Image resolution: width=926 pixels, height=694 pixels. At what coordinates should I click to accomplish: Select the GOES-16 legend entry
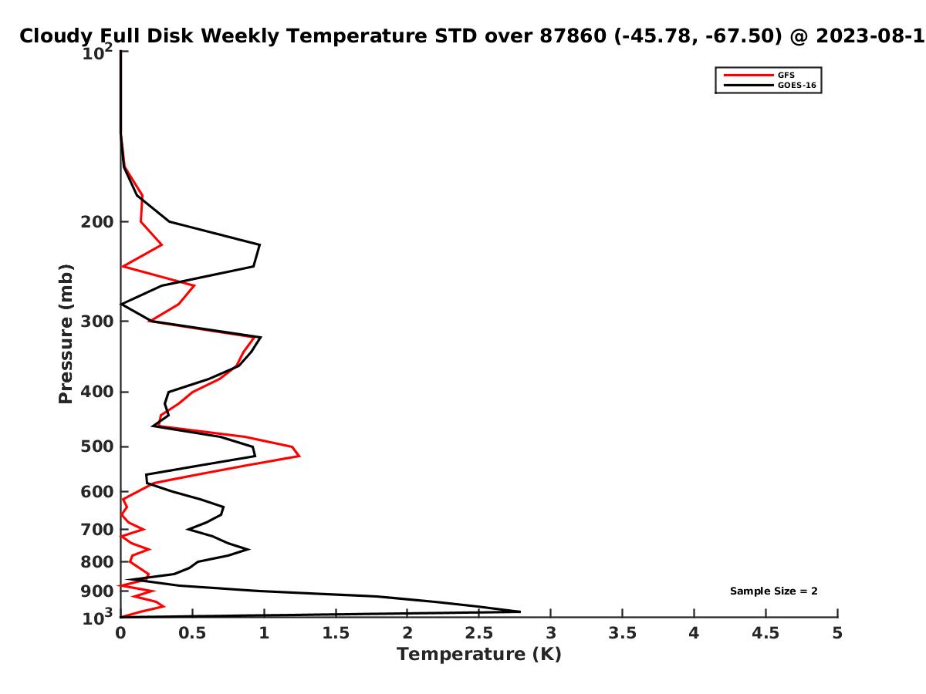tap(769, 85)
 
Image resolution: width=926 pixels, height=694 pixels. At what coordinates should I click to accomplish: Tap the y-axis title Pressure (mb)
tap(66, 334)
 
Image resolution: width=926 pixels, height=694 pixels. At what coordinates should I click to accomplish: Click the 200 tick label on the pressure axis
tap(97, 221)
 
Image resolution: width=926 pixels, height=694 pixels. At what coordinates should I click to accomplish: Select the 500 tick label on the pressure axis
tap(97, 446)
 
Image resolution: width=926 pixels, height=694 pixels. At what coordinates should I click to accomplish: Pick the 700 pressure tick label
tap(97, 529)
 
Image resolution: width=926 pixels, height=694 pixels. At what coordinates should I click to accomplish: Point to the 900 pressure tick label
tap(97, 591)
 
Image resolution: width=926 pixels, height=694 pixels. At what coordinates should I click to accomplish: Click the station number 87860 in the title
tap(573, 35)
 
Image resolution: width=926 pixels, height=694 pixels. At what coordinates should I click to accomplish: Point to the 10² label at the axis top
tap(97, 52)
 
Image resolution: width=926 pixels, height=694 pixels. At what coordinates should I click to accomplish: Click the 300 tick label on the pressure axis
tap(97, 322)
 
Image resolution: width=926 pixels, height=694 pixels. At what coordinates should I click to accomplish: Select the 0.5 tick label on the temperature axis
tap(192, 633)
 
